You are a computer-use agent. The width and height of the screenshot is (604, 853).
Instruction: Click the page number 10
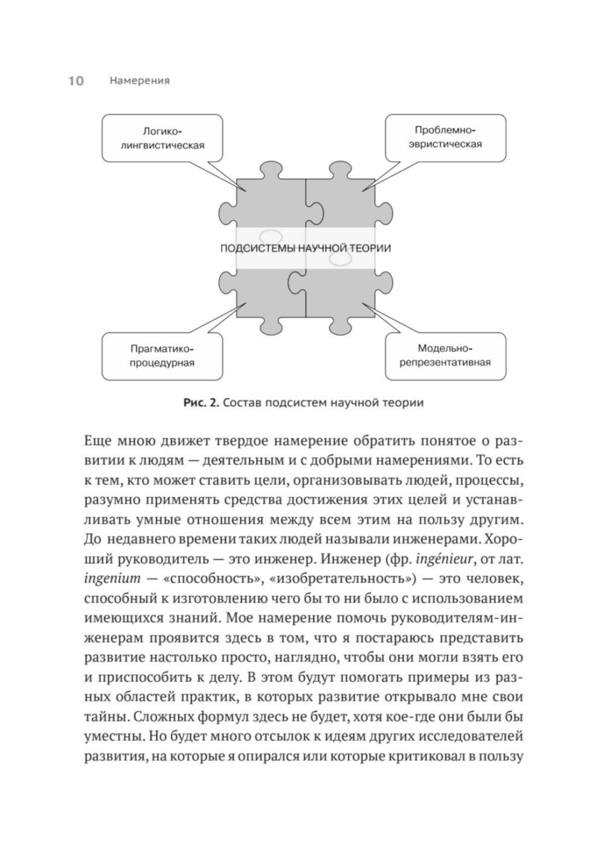point(75,81)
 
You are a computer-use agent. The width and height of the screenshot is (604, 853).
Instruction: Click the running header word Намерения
point(140,81)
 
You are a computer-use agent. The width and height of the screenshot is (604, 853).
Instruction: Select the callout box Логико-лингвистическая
point(162,138)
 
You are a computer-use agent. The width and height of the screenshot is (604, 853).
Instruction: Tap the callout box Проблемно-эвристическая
point(445,138)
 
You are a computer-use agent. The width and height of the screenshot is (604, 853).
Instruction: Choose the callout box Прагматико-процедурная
point(162,356)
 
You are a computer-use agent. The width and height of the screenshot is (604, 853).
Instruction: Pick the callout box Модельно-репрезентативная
point(445,356)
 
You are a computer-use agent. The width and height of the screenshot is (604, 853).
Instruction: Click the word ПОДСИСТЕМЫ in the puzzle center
point(258,248)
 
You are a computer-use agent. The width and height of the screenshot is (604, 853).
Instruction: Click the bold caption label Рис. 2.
point(201,403)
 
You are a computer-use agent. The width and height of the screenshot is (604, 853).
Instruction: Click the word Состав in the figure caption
point(242,403)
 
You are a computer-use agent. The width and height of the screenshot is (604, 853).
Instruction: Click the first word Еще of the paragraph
point(97,441)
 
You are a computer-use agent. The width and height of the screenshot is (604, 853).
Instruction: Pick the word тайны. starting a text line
point(105,717)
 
